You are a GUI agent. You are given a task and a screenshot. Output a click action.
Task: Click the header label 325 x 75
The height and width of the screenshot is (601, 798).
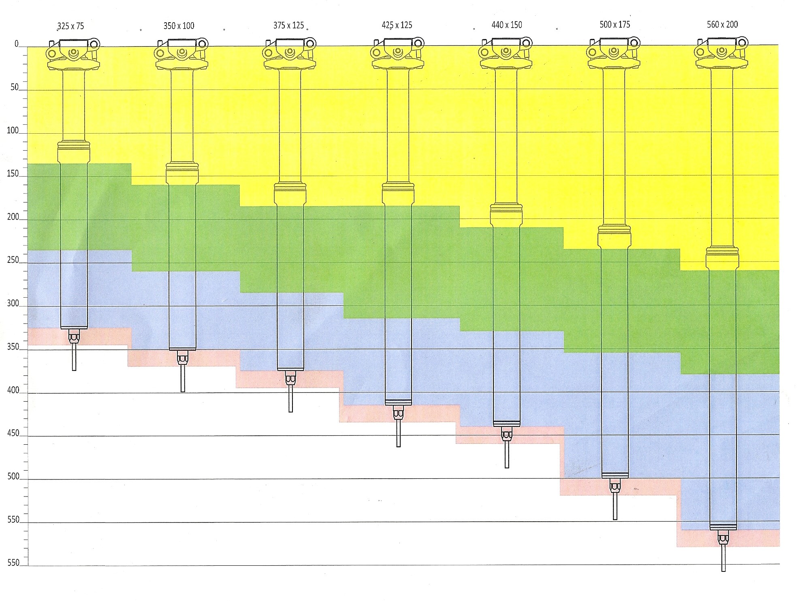[x=71, y=26]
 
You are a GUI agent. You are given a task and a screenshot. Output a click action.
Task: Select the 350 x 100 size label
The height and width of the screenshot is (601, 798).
[x=179, y=26]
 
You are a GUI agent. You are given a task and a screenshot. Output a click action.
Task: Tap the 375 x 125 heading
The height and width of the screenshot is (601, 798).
[x=288, y=26]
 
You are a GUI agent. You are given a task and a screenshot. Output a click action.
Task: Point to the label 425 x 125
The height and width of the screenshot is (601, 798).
[x=397, y=25]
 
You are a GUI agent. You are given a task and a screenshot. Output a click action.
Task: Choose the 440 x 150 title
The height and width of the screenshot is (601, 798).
[x=507, y=25]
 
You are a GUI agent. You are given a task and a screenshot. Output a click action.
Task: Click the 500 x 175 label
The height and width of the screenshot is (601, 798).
[x=615, y=24]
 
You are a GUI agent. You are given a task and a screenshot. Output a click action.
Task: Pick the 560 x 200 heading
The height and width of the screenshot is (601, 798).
[x=722, y=24]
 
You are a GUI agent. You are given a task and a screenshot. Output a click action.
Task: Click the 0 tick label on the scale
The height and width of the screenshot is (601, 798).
[x=17, y=44]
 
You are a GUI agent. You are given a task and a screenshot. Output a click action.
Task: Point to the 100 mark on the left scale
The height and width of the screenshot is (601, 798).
[x=13, y=130]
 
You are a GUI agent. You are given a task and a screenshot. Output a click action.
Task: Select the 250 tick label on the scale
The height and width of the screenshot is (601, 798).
[x=13, y=260]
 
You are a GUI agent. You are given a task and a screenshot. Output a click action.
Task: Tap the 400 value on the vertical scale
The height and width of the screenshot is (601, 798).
[x=13, y=390]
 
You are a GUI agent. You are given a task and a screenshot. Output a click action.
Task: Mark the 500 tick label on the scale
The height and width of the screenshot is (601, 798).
[x=13, y=476]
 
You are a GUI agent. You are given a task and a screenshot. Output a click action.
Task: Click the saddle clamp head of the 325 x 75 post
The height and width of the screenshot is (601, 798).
[x=73, y=54]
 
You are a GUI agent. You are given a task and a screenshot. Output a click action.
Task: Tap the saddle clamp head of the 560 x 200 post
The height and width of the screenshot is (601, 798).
[x=721, y=53]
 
